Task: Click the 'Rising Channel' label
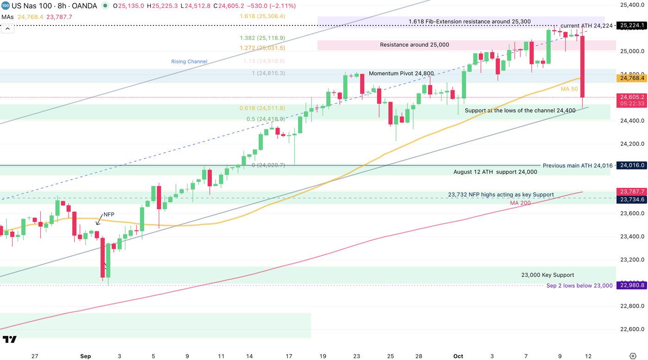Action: pos(189,62)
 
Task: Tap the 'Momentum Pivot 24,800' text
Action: pos(401,74)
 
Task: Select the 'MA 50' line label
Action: pos(568,89)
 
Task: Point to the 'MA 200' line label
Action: pos(521,203)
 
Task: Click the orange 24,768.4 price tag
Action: pos(631,79)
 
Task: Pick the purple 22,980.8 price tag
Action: pos(631,286)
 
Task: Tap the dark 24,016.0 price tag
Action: pos(631,165)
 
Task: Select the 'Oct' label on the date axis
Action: pos(458,356)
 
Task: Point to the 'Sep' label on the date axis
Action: pos(86,356)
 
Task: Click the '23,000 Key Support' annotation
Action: pos(548,275)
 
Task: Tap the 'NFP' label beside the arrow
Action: pos(109,215)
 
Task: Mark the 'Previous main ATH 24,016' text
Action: pos(578,165)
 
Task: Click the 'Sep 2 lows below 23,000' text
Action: pos(579,286)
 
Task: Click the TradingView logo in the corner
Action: pos(9,340)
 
